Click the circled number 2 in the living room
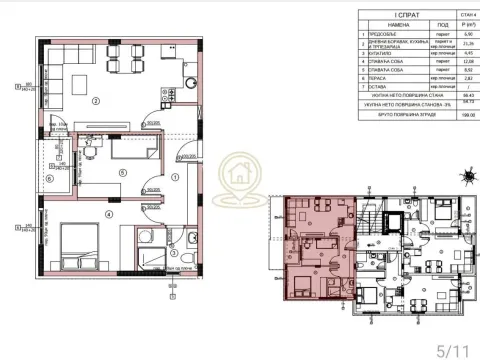(95, 101)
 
